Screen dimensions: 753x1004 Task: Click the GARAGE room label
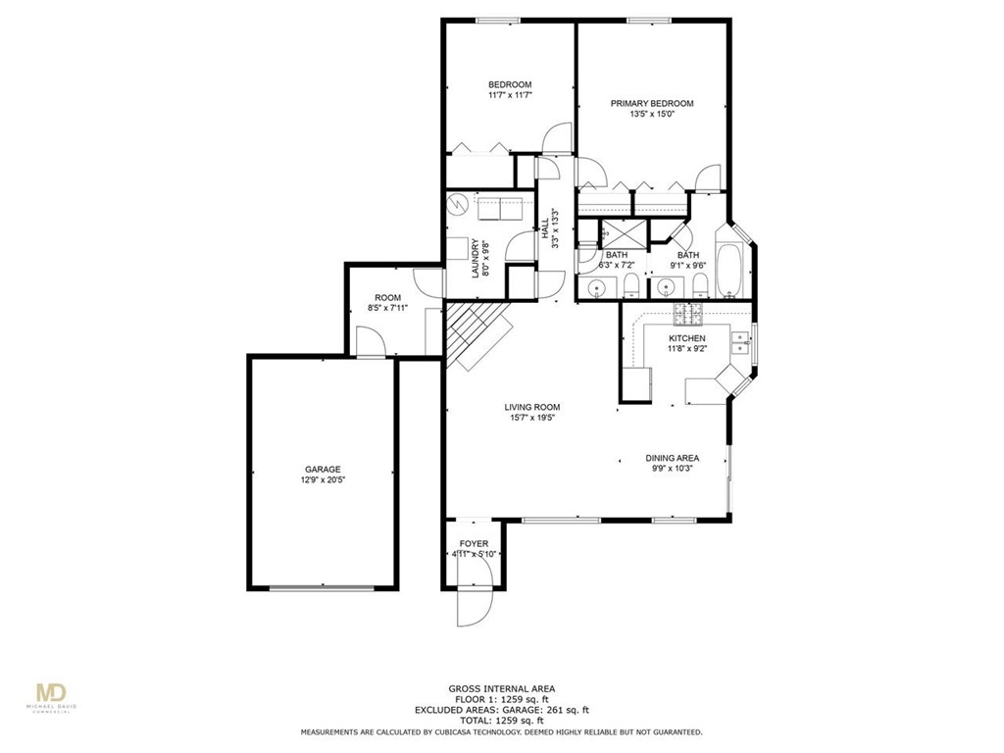point(322,469)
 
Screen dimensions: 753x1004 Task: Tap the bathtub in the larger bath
point(728,270)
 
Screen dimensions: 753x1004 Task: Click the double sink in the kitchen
point(741,342)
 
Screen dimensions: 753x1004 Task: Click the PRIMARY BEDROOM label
point(652,103)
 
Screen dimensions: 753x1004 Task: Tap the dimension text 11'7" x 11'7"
point(509,95)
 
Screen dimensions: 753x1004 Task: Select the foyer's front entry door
point(469,605)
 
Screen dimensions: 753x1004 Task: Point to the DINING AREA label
point(672,458)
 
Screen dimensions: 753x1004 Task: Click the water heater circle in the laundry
point(457,206)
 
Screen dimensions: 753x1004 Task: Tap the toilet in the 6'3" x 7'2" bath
point(631,286)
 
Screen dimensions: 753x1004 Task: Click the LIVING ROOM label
point(532,407)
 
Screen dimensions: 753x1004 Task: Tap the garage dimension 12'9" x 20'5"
point(322,480)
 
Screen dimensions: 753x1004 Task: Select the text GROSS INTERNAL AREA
point(501,688)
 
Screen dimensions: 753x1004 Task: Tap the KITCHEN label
point(686,337)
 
